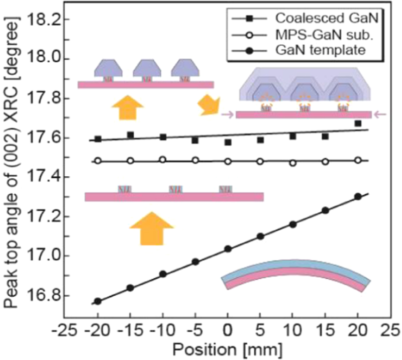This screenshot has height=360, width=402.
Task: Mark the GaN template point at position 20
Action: pyautogui.click(x=358, y=197)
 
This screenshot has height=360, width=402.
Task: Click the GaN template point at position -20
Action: pyautogui.click(x=98, y=301)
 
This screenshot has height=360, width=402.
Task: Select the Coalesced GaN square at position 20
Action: pyautogui.click(x=358, y=124)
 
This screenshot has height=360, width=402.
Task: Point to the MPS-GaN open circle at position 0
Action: pyautogui.click(x=228, y=162)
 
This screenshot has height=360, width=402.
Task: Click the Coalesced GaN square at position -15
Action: pyautogui.click(x=131, y=135)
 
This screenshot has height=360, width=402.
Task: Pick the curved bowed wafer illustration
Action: pyautogui.click(x=296, y=276)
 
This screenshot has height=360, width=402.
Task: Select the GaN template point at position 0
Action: pyautogui.click(x=228, y=249)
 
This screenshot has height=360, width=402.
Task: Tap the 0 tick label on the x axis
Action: pyautogui.click(x=228, y=332)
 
